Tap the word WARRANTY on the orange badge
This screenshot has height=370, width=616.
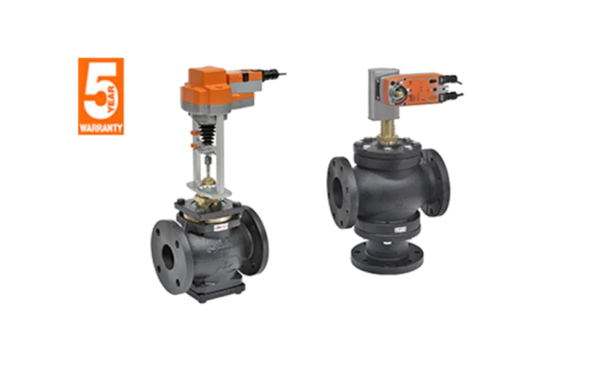click(101, 128)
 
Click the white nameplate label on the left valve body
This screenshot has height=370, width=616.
click(221, 227)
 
